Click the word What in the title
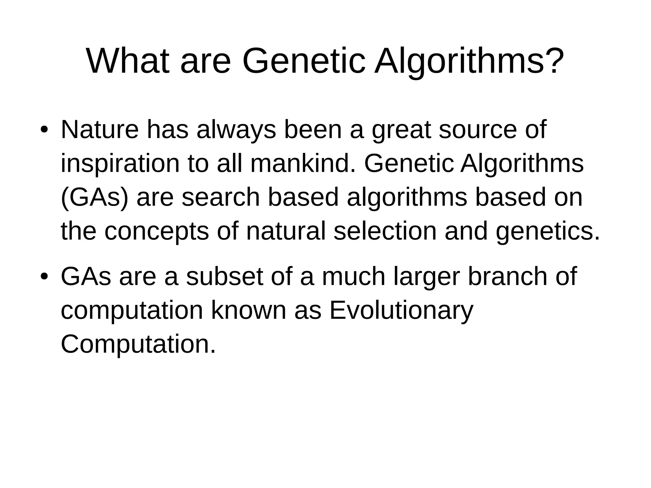tap(127, 61)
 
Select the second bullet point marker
tap(44, 277)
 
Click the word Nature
tap(99, 130)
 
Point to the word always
tap(236, 130)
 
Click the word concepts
tap(156, 231)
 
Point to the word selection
tap(385, 231)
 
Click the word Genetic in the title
tap(304, 61)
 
